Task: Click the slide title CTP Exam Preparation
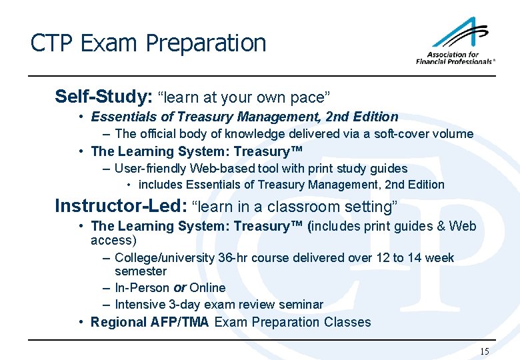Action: (x=148, y=43)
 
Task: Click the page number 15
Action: (x=485, y=351)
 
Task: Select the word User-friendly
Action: (x=151, y=169)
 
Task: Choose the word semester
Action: (x=141, y=271)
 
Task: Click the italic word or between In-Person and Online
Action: (x=179, y=288)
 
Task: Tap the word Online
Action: (x=207, y=288)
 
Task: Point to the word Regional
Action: (x=117, y=322)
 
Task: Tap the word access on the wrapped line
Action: (x=113, y=240)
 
